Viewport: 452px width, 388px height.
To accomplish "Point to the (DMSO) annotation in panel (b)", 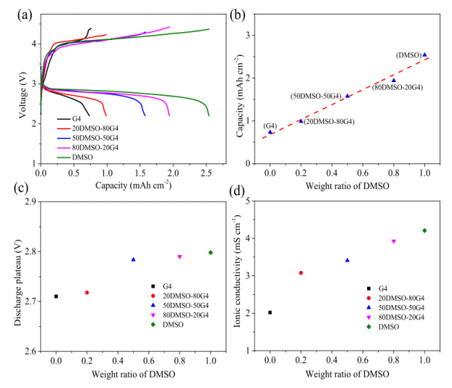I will click(408, 55).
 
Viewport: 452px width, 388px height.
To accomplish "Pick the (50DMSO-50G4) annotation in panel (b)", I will click(316, 97).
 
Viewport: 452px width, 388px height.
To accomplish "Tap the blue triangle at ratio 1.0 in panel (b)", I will click(424, 54).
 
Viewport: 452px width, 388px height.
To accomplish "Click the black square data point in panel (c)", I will click(56, 296).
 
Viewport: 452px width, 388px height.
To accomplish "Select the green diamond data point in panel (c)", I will click(211, 252).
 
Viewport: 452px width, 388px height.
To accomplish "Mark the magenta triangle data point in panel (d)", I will click(393, 241).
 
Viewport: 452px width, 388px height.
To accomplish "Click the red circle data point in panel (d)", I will click(301, 272).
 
